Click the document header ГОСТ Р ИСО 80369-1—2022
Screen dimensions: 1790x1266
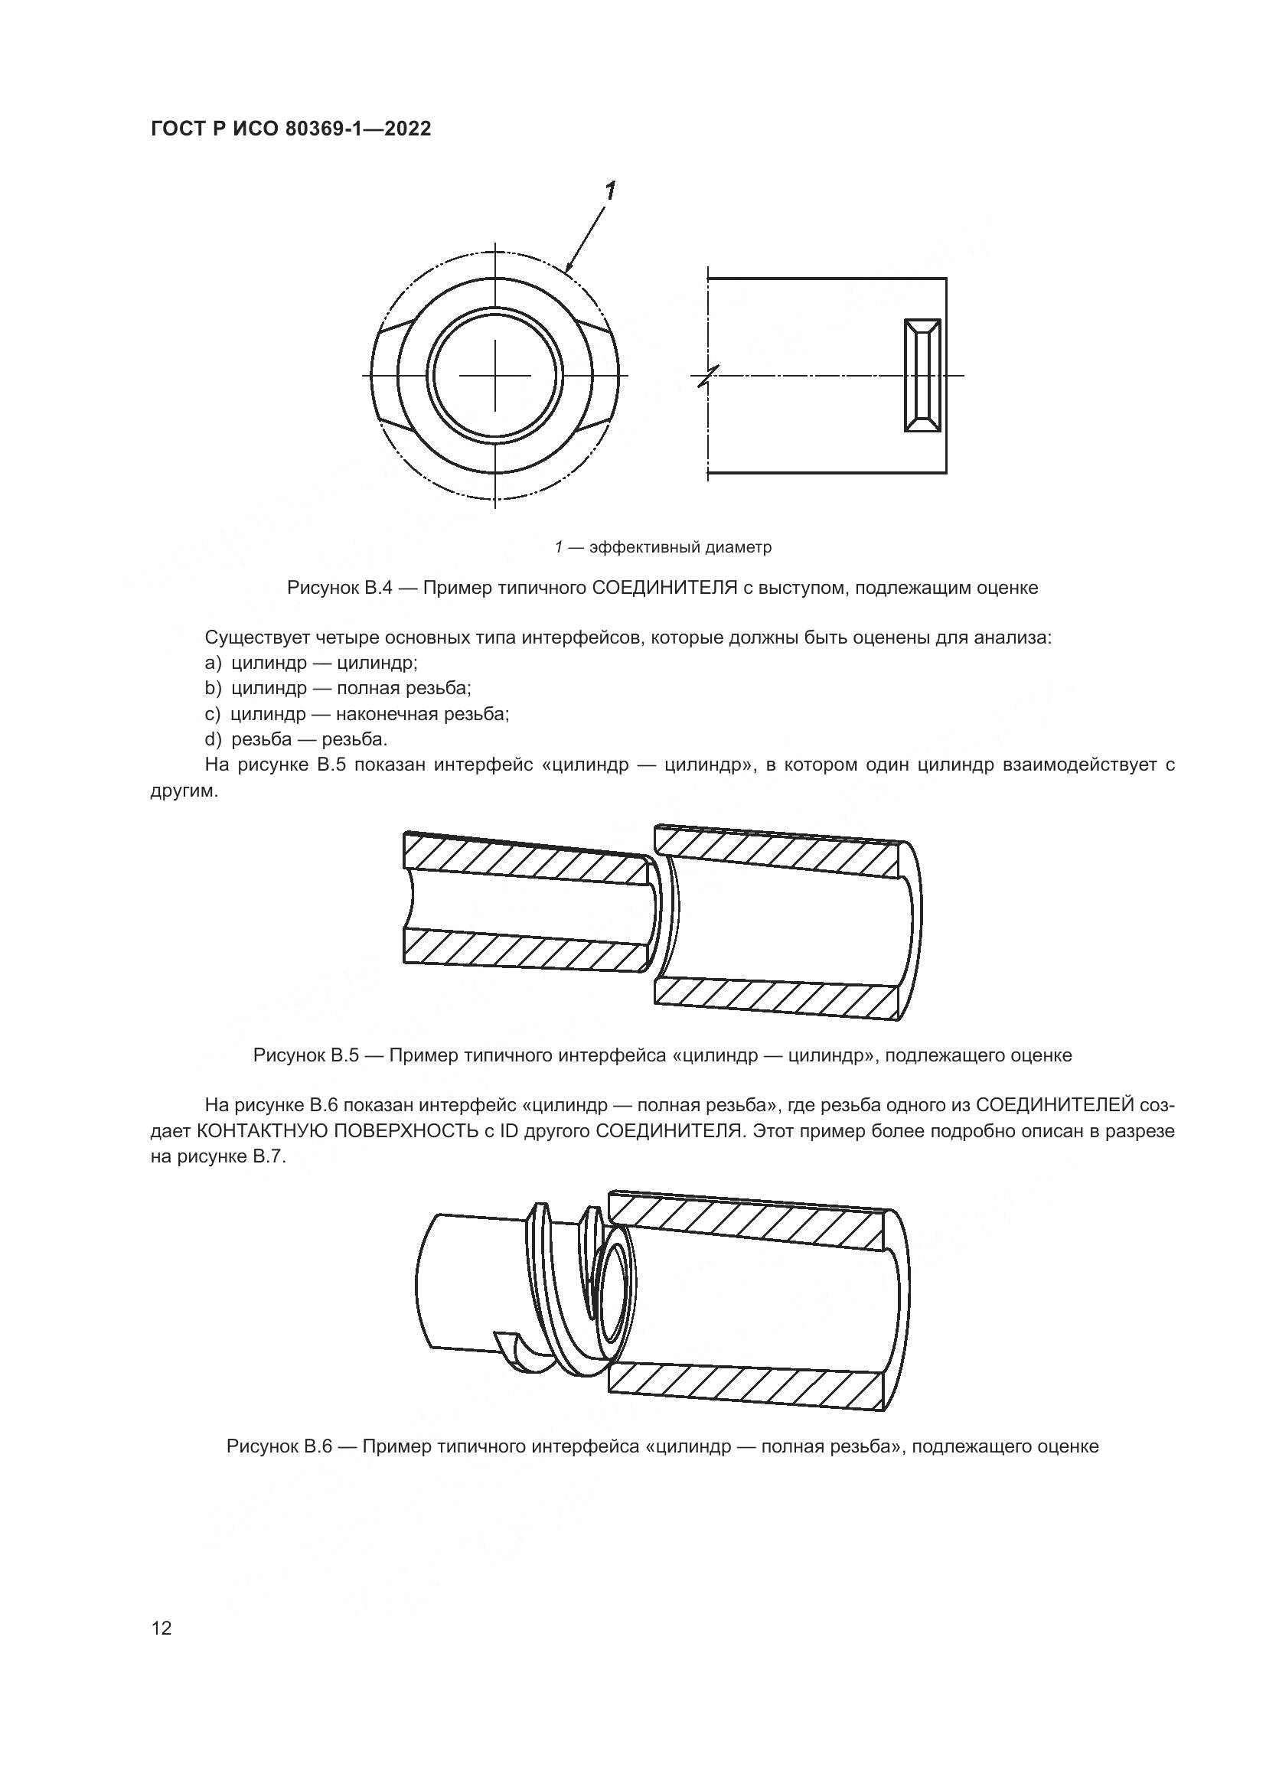coord(290,129)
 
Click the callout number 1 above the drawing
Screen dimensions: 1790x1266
coord(610,191)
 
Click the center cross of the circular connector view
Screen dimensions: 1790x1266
coord(495,376)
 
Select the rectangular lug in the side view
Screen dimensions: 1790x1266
coord(922,375)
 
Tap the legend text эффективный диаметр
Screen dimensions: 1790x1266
coord(680,547)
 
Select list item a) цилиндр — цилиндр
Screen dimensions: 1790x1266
coord(312,663)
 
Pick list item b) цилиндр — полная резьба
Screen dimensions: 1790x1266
coord(338,689)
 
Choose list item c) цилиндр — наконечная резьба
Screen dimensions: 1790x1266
coord(357,714)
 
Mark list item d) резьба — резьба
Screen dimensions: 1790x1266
coord(296,739)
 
